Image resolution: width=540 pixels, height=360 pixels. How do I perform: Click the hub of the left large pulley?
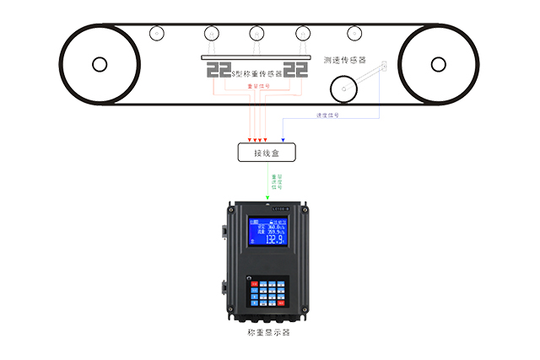click(100, 63)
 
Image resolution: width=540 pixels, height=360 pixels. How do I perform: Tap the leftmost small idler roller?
click(156, 35)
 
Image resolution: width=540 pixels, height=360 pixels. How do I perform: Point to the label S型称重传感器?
click(256, 73)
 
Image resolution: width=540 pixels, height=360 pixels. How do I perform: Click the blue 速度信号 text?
click(327, 116)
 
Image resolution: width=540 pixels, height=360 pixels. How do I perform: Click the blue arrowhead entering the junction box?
click(283, 139)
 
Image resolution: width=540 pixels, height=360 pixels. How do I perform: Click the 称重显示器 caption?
click(267, 332)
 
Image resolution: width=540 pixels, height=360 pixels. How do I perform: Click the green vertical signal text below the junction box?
click(273, 180)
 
